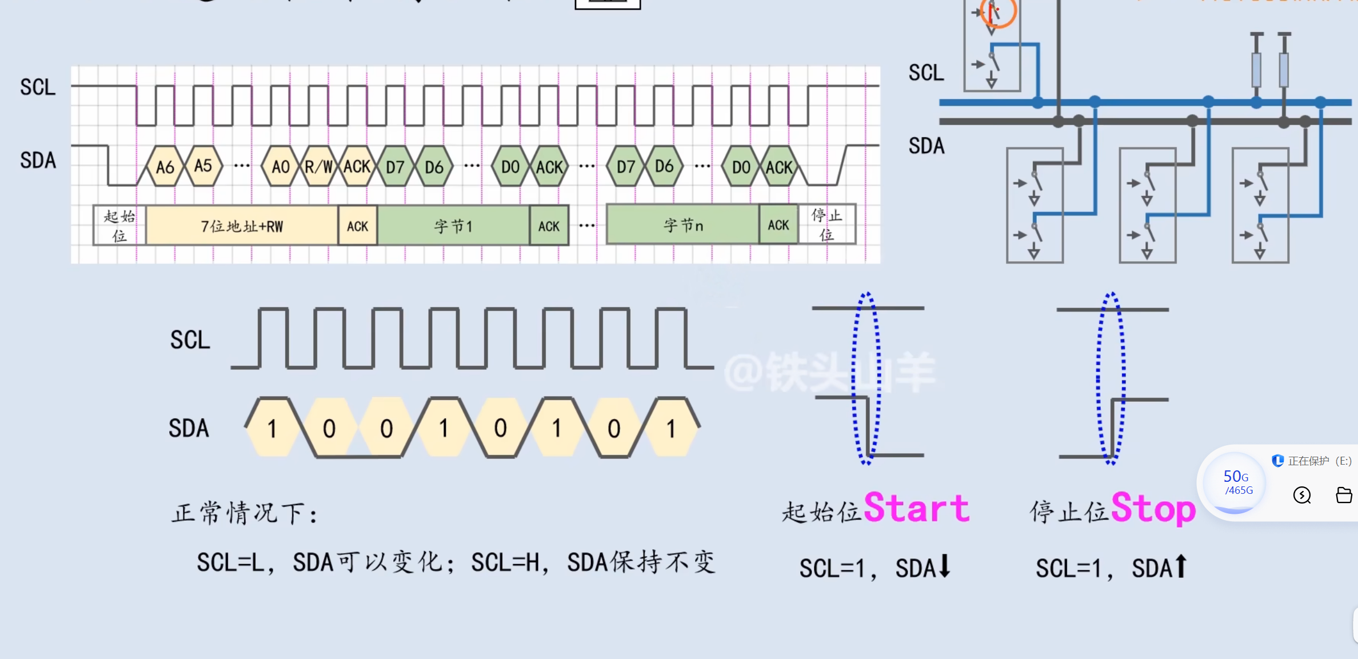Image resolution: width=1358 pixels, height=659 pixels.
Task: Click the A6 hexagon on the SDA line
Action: click(165, 167)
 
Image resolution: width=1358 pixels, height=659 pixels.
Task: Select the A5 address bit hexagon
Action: click(203, 166)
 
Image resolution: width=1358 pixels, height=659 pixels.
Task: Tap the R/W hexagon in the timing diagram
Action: click(318, 167)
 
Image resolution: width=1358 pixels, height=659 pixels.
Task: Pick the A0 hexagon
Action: click(280, 167)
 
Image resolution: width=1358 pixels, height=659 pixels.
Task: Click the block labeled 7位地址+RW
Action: click(242, 226)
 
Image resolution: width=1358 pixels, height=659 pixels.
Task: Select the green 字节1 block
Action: click(453, 226)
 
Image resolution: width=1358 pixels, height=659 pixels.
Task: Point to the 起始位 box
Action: click(119, 226)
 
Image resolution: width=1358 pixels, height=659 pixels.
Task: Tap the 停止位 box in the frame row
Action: click(826, 225)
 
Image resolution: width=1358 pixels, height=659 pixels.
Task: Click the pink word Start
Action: click(916, 508)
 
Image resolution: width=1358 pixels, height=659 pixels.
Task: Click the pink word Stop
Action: click(1153, 508)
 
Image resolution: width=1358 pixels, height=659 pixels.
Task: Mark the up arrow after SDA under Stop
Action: click(1181, 566)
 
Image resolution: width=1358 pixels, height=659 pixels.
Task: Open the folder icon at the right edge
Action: click(1344, 495)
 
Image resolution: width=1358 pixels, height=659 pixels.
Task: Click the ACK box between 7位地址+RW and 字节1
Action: click(358, 226)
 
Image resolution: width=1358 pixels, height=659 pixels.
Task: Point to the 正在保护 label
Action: click(1308, 461)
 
